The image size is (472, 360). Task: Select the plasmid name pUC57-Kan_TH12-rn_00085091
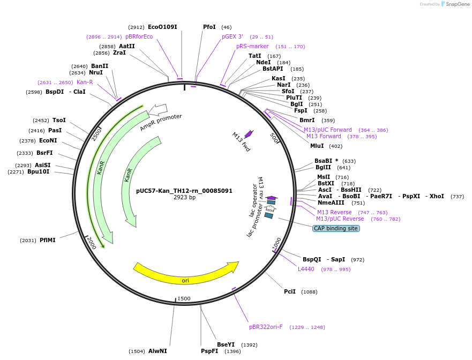point(184,191)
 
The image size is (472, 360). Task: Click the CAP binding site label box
point(336,228)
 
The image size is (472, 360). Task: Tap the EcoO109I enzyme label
point(162,27)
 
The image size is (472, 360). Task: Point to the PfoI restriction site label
point(209,27)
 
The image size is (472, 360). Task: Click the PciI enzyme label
point(290,291)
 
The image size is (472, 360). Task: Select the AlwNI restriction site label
point(158,351)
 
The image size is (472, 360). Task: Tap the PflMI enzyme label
point(48,240)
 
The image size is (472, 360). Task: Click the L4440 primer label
point(306,269)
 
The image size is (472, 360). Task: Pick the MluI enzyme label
point(317,146)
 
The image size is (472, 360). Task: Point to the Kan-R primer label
point(85,82)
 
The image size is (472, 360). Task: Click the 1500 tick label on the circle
point(184,298)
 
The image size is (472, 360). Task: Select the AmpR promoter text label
point(161,123)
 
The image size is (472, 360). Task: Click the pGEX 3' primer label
point(233,36)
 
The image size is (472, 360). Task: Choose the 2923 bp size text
point(184,198)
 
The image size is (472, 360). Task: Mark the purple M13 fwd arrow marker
point(248,134)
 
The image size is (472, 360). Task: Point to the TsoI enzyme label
point(59,121)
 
